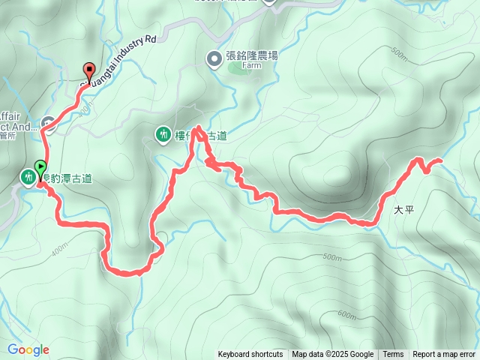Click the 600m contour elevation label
[346, 314]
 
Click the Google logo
[28, 349]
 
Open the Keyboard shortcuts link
[250, 355]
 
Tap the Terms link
[393, 355]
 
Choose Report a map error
[444, 355]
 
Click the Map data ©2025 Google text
[333, 355]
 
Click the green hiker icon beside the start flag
[28, 177]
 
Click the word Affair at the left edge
[10, 116]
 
